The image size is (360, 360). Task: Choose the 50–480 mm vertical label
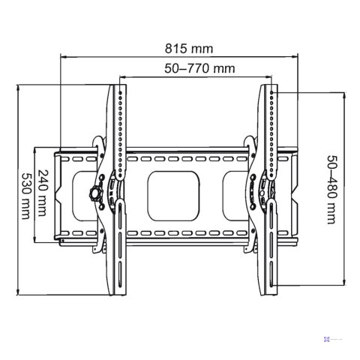click(331, 190)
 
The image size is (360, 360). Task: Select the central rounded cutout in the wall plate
click(175, 193)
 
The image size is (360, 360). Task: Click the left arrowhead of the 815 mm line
click(61, 55)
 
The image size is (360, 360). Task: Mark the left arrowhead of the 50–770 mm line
click(120, 76)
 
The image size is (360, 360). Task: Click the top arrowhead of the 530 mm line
click(17, 87)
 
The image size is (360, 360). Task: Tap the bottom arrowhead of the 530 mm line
click(17, 294)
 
